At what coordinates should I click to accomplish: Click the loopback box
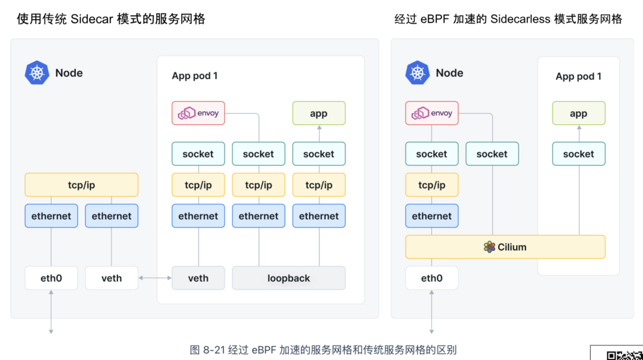click(x=289, y=278)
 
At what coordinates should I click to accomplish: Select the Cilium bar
click(x=505, y=247)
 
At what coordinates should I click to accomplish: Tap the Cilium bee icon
click(x=489, y=247)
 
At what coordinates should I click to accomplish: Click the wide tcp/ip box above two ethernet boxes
click(x=82, y=185)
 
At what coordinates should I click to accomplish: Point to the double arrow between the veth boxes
click(x=155, y=278)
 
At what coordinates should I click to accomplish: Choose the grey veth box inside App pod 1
click(x=198, y=278)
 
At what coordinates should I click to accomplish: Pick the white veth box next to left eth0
click(x=112, y=278)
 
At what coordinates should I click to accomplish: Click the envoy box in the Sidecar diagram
click(x=198, y=113)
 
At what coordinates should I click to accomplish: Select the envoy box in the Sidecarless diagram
click(x=432, y=113)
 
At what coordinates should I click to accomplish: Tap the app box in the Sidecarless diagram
click(x=578, y=113)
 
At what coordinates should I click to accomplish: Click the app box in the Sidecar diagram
click(x=319, y=113)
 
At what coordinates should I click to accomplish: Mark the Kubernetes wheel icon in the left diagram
click(x=37, y=73)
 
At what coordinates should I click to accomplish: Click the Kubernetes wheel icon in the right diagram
click(x=418, y=73)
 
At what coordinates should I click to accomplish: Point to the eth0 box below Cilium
click(x=432, y=278)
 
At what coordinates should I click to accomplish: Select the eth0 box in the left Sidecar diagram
click(x=51, y=278)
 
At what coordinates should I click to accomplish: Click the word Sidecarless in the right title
click(x=521, y=19)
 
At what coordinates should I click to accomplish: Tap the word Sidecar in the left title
click(x=92, y=19)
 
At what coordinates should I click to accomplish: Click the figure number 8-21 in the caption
click(x=213, y=350)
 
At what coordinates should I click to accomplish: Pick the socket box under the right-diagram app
click(x=578, y=153)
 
